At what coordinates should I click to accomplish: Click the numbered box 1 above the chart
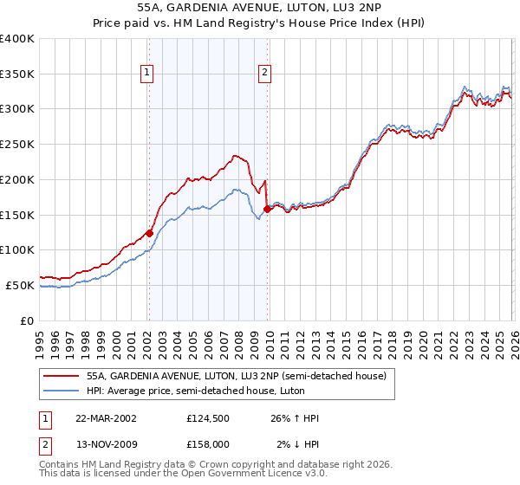(149, 74)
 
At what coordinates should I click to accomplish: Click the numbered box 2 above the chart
(263, 74)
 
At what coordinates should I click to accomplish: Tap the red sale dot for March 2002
(149, 232)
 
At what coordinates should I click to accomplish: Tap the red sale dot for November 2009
(266, 208)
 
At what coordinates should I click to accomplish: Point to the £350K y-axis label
(17, 74)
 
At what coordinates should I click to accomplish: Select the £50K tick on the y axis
(21, 285)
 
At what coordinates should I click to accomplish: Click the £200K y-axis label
(17, 179)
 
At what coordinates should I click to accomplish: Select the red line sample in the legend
(61, 376)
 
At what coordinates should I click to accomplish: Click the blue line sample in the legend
(61, 391)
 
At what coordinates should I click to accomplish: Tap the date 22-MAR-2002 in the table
(106, 418)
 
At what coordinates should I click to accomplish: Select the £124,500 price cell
(208, 418)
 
